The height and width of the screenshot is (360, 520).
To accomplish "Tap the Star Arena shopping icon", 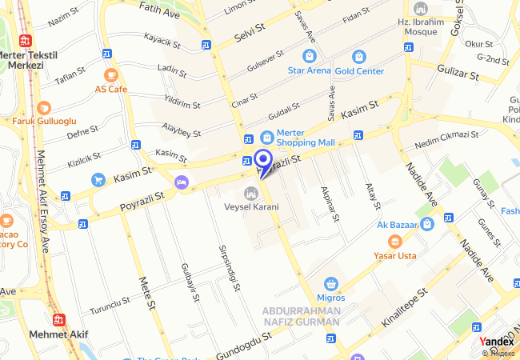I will (x=309, y=56).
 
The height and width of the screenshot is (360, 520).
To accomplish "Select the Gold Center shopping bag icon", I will (x=358, y=56).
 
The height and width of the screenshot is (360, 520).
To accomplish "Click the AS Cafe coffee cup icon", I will (x=110, y=75).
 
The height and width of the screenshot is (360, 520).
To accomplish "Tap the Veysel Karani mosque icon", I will (x=250, y=193).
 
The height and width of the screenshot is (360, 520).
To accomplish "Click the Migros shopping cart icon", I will (x=331, y=284).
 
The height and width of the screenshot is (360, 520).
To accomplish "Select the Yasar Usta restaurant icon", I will (x=394, y=242).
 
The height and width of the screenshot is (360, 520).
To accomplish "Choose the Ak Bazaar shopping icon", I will (x=427, y=224).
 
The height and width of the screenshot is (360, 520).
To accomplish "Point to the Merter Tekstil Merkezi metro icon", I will (x=26, y=40).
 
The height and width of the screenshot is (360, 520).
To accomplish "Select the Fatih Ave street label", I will (x=160, y=10).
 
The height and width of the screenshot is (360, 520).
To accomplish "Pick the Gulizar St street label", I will (x=457, y=74).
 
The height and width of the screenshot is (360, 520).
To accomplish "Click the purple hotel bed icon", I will (x=182, y=182).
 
